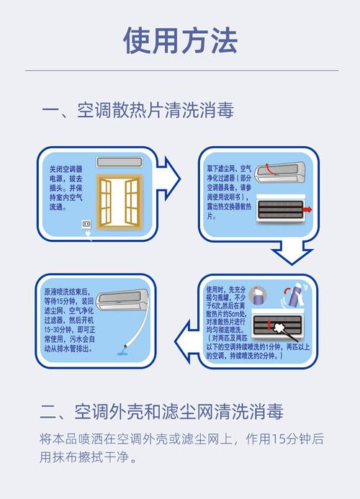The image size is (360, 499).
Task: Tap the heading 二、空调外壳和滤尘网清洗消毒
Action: tap(161, 412)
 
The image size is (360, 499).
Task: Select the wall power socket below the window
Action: tap(86, 225)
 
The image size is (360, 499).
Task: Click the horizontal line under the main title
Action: tap(179, 71)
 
